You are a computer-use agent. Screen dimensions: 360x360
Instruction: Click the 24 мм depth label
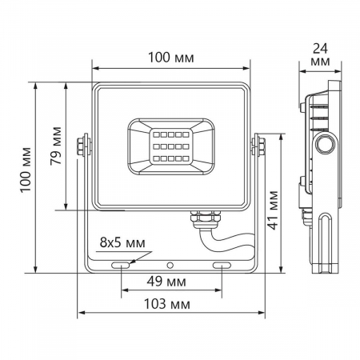(320, 54)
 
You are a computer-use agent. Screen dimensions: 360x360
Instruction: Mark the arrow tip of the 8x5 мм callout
(128, 261)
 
